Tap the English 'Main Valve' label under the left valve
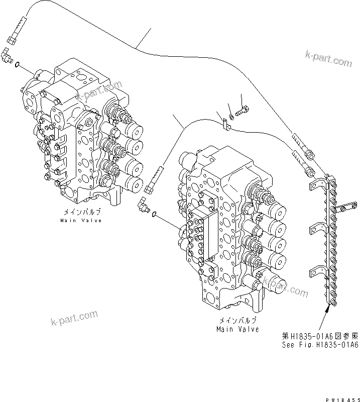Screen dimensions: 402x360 click(81, 221)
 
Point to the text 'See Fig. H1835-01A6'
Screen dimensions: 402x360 click(319, 345)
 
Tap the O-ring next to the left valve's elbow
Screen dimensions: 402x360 click(18, 64)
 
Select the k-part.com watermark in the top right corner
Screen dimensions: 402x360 click(329, 59)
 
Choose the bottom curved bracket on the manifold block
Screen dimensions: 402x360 click(316, 271)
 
